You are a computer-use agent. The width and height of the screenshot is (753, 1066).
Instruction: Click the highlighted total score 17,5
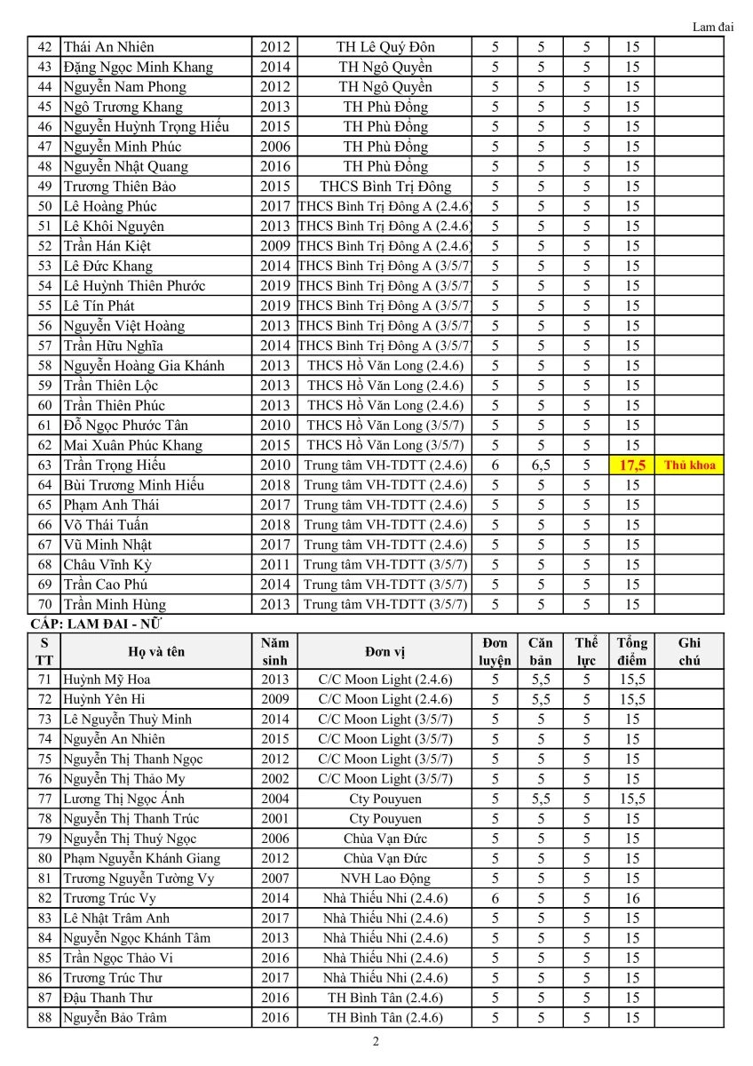pos(631,465)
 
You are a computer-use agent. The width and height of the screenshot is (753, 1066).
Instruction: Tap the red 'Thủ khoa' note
pos(689,465)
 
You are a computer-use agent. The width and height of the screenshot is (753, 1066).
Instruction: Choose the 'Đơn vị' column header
pos(385,651)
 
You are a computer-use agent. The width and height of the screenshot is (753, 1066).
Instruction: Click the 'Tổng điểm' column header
pos(631,651)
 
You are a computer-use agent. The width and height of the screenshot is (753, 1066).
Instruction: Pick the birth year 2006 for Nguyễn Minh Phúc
pos(275,147)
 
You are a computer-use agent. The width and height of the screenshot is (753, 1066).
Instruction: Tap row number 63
pos(44,465)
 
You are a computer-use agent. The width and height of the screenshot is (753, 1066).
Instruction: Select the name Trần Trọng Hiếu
pos(115,465)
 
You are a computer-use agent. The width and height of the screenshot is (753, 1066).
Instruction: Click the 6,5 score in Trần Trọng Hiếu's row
pos(540,465)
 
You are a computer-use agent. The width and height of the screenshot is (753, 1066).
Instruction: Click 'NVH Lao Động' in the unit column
pos(385,879)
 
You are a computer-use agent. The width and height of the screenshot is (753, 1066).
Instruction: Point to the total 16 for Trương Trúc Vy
pos(631,898)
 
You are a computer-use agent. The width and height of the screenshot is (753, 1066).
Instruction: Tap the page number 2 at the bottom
pos(376,1042)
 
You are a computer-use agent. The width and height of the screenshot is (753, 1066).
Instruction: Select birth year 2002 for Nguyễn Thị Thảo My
pos(275,779)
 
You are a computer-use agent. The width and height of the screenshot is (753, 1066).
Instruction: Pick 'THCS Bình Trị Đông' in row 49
pos(385,187)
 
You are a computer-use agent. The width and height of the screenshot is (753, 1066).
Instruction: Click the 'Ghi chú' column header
pos(689,651)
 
